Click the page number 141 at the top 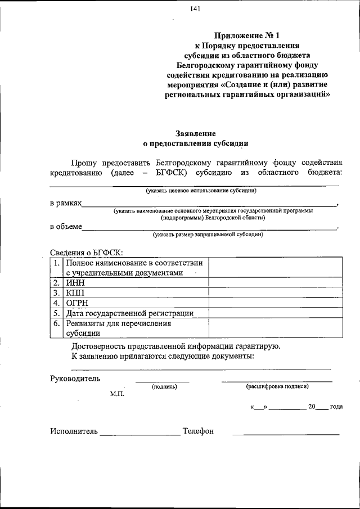[195, 8]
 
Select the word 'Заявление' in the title [195, 133]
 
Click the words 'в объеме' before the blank [65, 227]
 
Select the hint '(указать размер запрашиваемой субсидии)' [208, 235]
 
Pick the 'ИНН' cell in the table [75, 283]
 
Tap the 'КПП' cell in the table [75, 293]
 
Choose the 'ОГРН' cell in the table [77, 303]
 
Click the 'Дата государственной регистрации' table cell [129, 313]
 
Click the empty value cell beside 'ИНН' [274, 283]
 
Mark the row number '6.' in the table [56, 323]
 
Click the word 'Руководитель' [75, 378]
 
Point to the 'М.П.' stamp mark [118, 394]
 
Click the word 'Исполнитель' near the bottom [74, 431]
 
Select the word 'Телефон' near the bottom [198, 431]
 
